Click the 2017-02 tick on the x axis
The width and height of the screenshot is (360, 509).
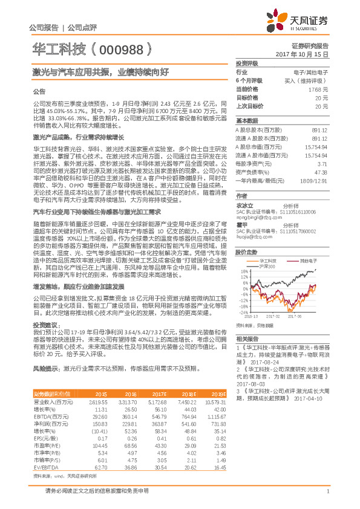(x=273, y=316)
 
